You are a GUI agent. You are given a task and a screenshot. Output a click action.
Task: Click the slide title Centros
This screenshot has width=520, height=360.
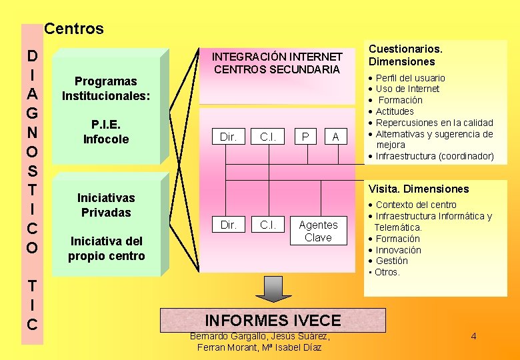(x=74, y=29)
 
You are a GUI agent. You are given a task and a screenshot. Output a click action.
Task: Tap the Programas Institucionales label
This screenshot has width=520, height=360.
(x=106, y=89)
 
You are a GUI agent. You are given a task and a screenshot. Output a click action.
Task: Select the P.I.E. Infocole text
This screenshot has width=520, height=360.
(x=106, y=132)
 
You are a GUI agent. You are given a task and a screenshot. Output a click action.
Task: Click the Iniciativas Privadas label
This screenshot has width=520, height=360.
(x=105, y=205)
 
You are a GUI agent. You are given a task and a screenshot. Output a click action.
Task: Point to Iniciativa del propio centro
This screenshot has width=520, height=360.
(x=106, y=248)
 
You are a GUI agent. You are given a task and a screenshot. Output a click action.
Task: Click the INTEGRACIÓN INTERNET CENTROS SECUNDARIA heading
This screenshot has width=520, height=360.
(x=277, y=63)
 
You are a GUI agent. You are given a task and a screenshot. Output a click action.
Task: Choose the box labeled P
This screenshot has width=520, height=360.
(x=305, y=137)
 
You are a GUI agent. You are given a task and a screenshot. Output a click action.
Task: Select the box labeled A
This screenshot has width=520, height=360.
(x=335, y=137)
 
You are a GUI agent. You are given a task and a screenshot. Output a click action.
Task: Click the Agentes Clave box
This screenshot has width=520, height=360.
(x=318, y=231)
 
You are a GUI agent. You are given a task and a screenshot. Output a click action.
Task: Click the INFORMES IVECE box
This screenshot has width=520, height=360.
(x=273, y=320)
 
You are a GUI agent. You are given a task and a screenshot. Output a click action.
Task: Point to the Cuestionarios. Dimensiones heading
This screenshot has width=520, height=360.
(x=406, y=55)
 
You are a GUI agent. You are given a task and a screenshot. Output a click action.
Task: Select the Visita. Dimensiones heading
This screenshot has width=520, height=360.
(x=419, y=189)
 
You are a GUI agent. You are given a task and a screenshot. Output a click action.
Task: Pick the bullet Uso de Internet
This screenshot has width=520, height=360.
(x=407, y=89)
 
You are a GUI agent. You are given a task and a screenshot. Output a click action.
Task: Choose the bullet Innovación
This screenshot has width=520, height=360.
(x=398, y=250)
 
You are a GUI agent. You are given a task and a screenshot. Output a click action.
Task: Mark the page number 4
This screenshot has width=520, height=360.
(x=473, y=336)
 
